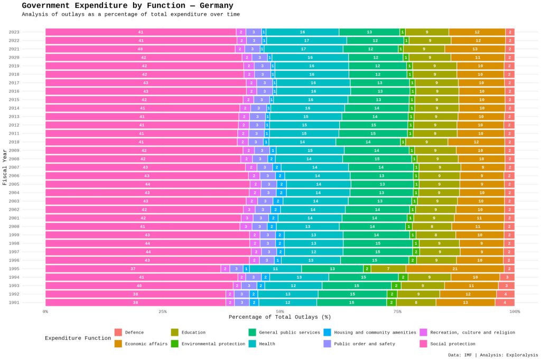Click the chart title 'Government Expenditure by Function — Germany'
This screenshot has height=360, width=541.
click(x=127, y=6)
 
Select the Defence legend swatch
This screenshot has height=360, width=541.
click(x=118, y=333)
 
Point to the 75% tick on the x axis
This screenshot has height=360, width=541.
click(x=397, y=311)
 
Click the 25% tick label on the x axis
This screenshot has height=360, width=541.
click(x=163, y=311)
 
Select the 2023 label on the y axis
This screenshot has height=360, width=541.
click(x=14, y=32)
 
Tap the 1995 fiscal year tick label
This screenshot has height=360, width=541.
click(x=14, y=269)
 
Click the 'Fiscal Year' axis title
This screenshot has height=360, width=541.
click(x=5, y=167)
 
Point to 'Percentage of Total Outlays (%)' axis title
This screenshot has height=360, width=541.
click(x=279, y=317)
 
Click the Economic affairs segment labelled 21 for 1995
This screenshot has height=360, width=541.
click(x=455, y=269)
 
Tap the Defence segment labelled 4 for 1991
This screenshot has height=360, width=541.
click(x=505, y=302)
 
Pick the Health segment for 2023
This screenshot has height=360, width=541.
click(x=302, y=32)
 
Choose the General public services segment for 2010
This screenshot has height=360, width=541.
click(x=368, y=142)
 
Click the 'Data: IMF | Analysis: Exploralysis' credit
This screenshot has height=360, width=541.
click(x=493, y=355)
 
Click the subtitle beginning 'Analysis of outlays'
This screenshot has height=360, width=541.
click(x=130, y=15)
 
